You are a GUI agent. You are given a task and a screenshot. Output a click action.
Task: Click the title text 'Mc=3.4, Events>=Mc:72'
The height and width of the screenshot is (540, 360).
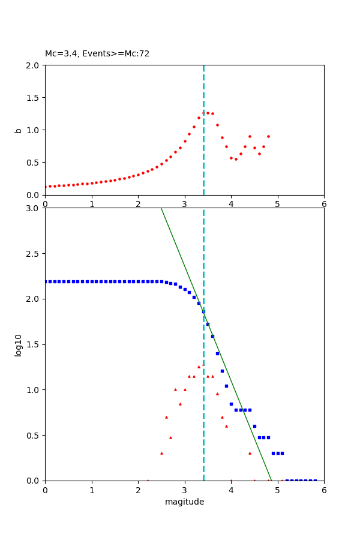pyautogui.click(x=97, y=54)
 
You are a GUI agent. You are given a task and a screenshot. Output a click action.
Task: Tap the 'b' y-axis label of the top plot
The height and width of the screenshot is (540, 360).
pyautogui.click(x=18, y=130)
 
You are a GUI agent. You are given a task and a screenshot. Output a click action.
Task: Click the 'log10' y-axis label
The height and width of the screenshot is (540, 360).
pyautogui.click(x=19, y=345)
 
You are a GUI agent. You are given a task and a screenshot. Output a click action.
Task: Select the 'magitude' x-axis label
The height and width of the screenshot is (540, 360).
pyautogui.click(x=184, y=502)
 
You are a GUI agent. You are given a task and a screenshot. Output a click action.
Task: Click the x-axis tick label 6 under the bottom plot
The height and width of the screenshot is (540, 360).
pyautogui.click(x=324, y=490)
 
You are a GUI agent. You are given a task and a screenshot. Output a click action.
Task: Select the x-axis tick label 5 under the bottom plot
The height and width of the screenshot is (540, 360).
pyautogui.click(x=277, y=490)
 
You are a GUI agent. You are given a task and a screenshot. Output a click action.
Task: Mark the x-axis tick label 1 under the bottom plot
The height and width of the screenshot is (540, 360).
pyautogui.click(x=92, y=490)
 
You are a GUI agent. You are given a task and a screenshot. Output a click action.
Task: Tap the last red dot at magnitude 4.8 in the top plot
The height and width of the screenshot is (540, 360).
pyautogui.click(x=268, y=136)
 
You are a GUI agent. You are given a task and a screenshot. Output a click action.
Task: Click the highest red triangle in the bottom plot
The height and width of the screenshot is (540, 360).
pyautogui.click(x=199, y=367)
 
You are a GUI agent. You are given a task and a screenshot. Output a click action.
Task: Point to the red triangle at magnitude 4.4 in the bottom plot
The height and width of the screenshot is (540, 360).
pyautogui.click(x=250, y=453)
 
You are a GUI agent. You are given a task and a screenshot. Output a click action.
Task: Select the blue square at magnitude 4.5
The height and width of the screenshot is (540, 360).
pyautogui.click(x=254, y=426)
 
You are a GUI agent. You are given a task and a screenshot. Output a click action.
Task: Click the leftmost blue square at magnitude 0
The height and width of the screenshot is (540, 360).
pyautogui.click(x=46, y=281)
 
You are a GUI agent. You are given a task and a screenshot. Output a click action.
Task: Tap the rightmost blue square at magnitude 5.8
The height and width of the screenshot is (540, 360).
pyautogui.click(x=315, y=480)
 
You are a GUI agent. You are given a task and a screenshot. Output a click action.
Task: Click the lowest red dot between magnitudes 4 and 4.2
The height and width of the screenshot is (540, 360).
pyautogui.click(x=236, y=159)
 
